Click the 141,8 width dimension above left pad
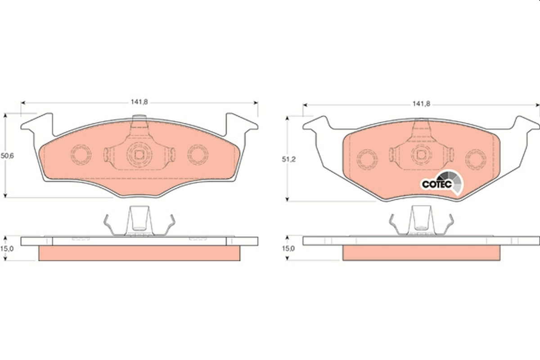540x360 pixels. [139, 102]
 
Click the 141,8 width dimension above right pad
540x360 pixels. [422, 104]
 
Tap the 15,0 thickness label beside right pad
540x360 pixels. [288, 248]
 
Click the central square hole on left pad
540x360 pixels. [139, 155]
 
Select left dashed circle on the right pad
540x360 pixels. [367, 158]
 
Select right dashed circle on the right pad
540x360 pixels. [476, 158]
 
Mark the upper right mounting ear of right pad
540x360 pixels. [524, 124]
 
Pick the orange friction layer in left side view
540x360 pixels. [139, 253]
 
